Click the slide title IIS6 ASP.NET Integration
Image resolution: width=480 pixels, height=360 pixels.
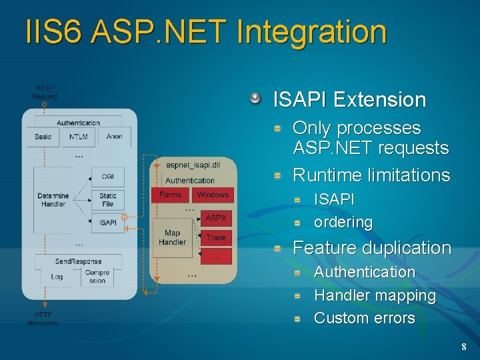click(205, 33)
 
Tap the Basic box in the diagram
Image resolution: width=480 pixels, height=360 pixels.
click(43, 137)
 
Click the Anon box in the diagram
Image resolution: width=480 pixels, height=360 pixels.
click(115, 137)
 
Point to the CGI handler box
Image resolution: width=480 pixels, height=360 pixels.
click(107, 176)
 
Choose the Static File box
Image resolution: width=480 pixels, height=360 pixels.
click(107, 199)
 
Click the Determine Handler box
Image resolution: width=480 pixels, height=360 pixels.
click(53, 200)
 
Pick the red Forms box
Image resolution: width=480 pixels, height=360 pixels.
click(171, 195)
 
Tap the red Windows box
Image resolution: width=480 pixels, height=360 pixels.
click(213, 195)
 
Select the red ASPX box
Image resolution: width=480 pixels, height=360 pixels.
click(216, 218)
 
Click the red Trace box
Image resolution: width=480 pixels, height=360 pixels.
click(216, 237)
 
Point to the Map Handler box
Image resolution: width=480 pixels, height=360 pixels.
click(172, 238)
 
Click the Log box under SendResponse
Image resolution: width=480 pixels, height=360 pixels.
click(57, 277)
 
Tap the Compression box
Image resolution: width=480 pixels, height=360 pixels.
click(97, 277)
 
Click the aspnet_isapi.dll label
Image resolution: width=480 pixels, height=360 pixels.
click(193, 165)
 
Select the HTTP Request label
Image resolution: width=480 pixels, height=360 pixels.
click(45, 92)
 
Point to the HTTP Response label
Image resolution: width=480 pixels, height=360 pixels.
click(43, 319)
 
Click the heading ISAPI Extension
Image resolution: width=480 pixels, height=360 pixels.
click(349, 100)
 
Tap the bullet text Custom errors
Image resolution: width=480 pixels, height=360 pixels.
click(364, 318)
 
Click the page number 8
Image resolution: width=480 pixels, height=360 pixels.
click(464, 347)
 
